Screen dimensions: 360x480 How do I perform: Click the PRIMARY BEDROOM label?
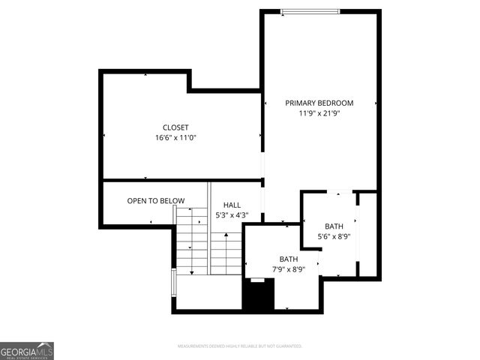point(319,103)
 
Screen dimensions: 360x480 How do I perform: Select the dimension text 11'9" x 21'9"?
point(319,113)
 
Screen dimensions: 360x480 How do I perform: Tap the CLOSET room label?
point(175,127)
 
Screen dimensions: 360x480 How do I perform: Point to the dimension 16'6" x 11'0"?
point(175,138)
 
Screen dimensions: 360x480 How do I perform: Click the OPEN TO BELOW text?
point(155,200)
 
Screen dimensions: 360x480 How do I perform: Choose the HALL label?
point(231,205)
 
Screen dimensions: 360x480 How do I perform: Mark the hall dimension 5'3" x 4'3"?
point(231,215)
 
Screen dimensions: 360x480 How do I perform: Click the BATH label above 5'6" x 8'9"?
point(334,226)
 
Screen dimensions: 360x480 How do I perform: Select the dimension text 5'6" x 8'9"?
point(334,236)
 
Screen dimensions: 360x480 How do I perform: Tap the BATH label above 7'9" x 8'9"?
point(289,259)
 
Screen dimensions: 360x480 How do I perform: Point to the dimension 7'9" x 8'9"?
point(289,269)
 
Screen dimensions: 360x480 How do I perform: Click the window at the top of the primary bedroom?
point(310,11)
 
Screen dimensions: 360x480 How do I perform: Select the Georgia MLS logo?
point(27,351)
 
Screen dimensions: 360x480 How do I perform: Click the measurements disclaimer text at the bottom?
point(239,346)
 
